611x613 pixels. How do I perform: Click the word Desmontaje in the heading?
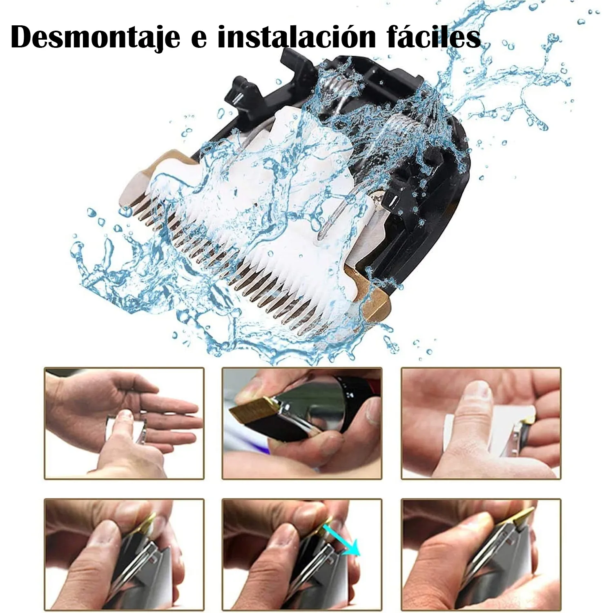[95, 37]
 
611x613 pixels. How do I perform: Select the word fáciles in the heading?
[433, 37]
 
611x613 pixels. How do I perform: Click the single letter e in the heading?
[198, 39]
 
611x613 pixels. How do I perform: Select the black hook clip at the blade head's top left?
[241, 88]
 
